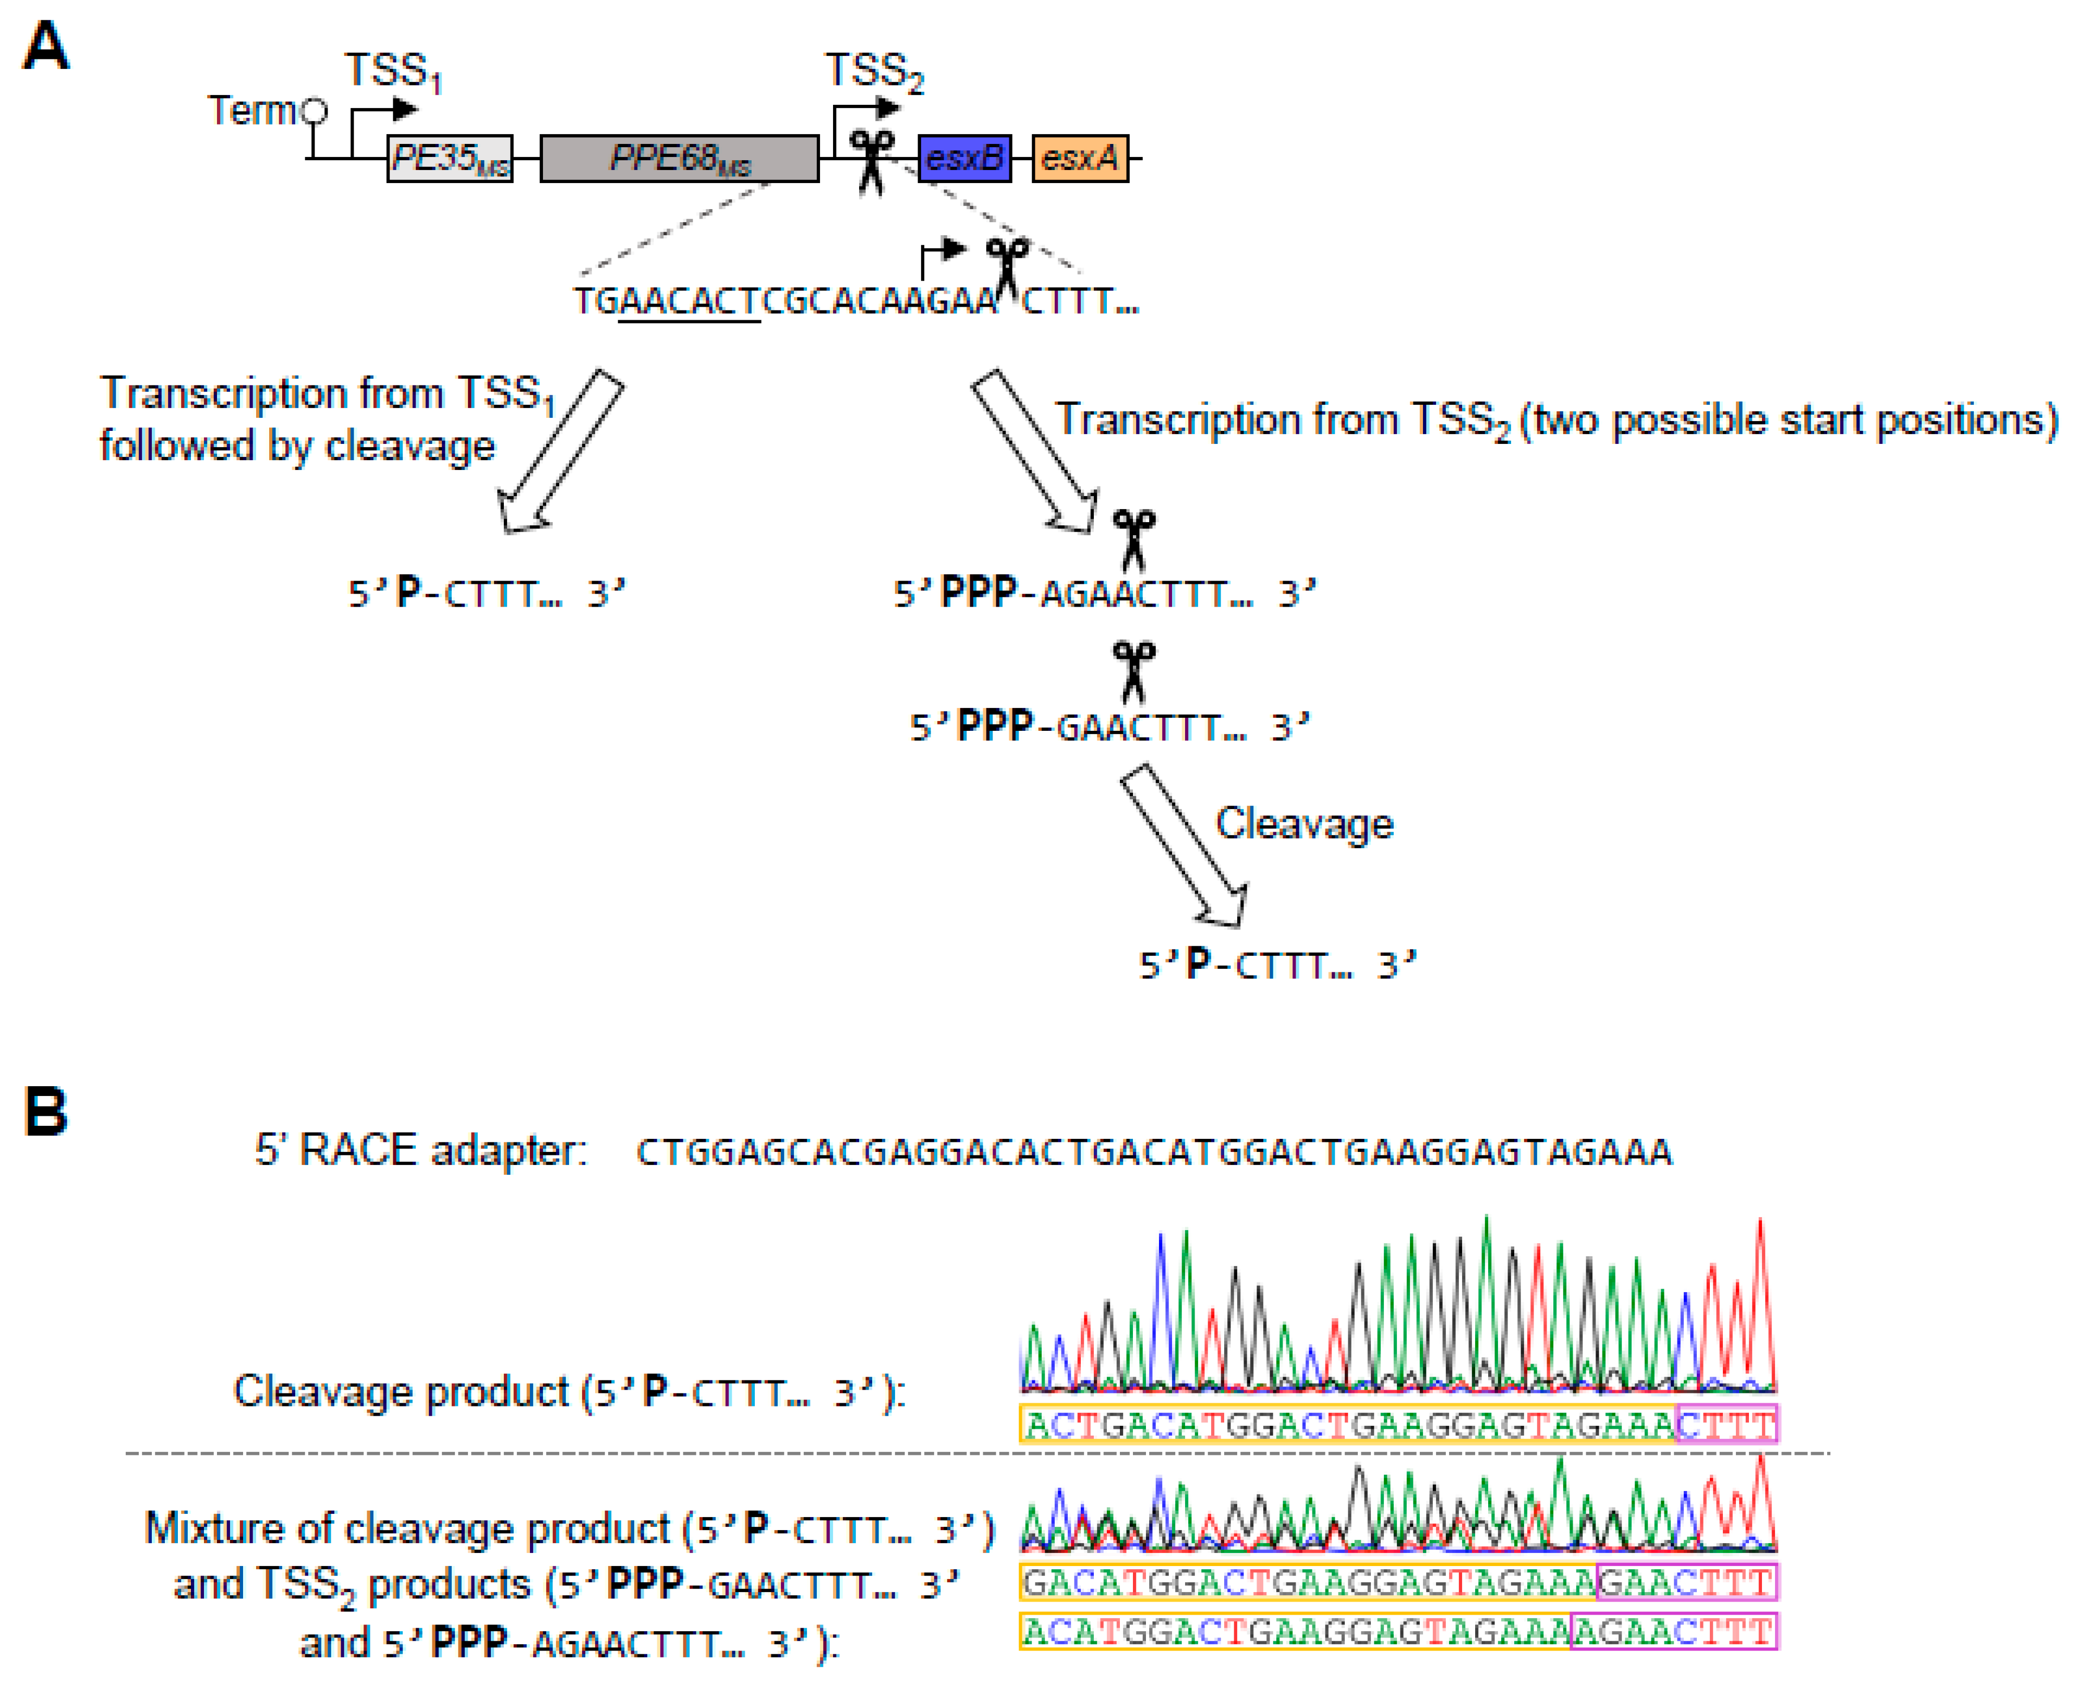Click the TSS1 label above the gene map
393,72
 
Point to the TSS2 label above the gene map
874,72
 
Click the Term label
250,111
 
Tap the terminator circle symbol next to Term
313,112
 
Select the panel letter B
45,1111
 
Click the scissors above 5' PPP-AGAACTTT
1132,539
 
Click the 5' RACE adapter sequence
1153,1152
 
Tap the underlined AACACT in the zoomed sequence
689,302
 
